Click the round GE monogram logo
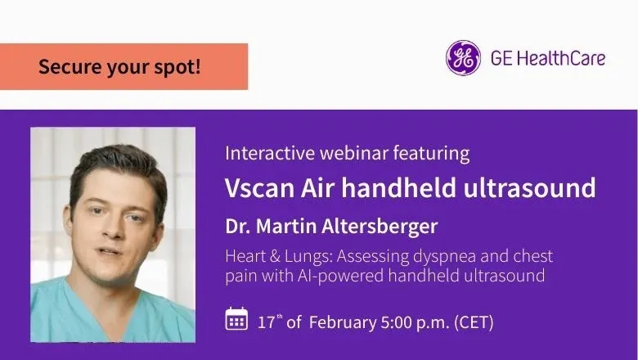click(x=463, y=58)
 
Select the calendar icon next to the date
click(x=236, y=318)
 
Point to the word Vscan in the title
click(x=254, y=188)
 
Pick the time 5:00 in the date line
click(x=394, y=322)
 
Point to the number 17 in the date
click(x=266, y=322)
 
